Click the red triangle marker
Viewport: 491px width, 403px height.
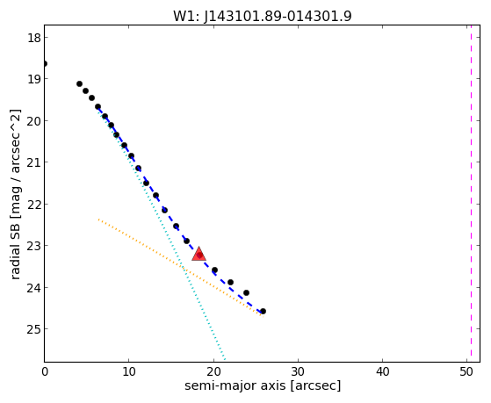coord(199,254)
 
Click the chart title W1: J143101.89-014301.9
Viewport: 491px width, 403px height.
coord(263,17)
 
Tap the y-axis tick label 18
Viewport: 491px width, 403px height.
coord(33,38)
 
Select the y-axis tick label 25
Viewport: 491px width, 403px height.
coord(33,329)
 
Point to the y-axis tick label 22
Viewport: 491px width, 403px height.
coord(33,205)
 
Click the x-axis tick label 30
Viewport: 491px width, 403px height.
coord(298,371)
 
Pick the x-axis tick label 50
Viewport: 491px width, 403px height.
coord(466,371)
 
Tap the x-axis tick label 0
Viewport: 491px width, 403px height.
coord(45,371)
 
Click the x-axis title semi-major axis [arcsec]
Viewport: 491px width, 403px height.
coord(263,385)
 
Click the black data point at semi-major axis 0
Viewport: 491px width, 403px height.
coord(45,64)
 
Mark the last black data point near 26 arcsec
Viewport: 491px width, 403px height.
coord(263,312)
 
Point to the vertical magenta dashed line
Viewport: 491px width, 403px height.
coord(471,193)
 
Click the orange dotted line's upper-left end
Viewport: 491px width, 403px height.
coord(98,219)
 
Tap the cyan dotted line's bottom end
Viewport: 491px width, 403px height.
coord(224,358)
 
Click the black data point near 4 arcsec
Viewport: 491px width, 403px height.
coord(80,84)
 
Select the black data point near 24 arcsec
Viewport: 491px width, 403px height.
coord(246,292)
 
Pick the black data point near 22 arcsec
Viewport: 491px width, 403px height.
coord(230,282)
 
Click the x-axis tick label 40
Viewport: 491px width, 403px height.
coord(382,371)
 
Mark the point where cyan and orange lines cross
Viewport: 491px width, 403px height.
coord(184,268)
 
